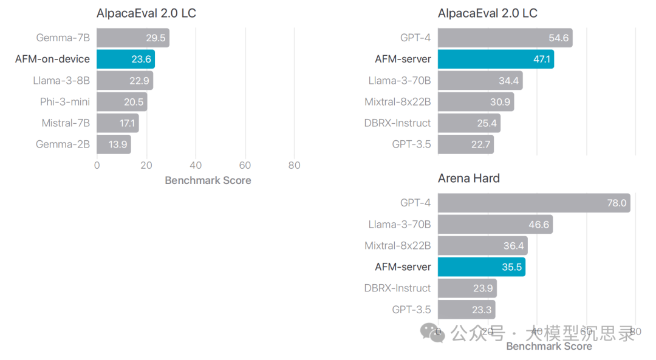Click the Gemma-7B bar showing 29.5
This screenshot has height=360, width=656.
[x=132, y=38]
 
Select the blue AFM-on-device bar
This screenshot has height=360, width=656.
[x=126, y=59]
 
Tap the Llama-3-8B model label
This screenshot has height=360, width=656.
[x=61, y=80]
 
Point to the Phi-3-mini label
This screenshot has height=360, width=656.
[x=65, y=101]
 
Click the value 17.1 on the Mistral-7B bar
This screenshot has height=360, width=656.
[x=128, y=123]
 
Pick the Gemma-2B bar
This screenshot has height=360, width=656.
[x=114, y=144]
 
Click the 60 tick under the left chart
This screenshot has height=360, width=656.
[x=245, y=165]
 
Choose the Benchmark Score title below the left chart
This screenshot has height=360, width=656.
[x=208, y=180]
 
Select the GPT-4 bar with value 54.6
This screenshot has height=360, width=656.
[x=505, y=38]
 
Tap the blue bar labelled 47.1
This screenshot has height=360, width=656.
[x=496, y=59]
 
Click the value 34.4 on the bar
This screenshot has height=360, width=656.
[x=509, y=80]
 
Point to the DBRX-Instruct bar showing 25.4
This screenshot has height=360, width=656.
[x=469, y=123]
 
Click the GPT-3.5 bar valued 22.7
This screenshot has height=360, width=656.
[x=466, y=144]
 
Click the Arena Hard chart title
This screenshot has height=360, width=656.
[x=468, y=178]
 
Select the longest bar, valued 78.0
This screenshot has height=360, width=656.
[x=534, y=203]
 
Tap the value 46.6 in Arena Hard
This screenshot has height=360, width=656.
[x=539, y=225]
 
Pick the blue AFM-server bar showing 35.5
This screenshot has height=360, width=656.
[x=482, y=267]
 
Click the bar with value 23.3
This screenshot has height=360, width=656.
[x=466, y=310]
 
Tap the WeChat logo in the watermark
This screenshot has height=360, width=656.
[x=436, y=333]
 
